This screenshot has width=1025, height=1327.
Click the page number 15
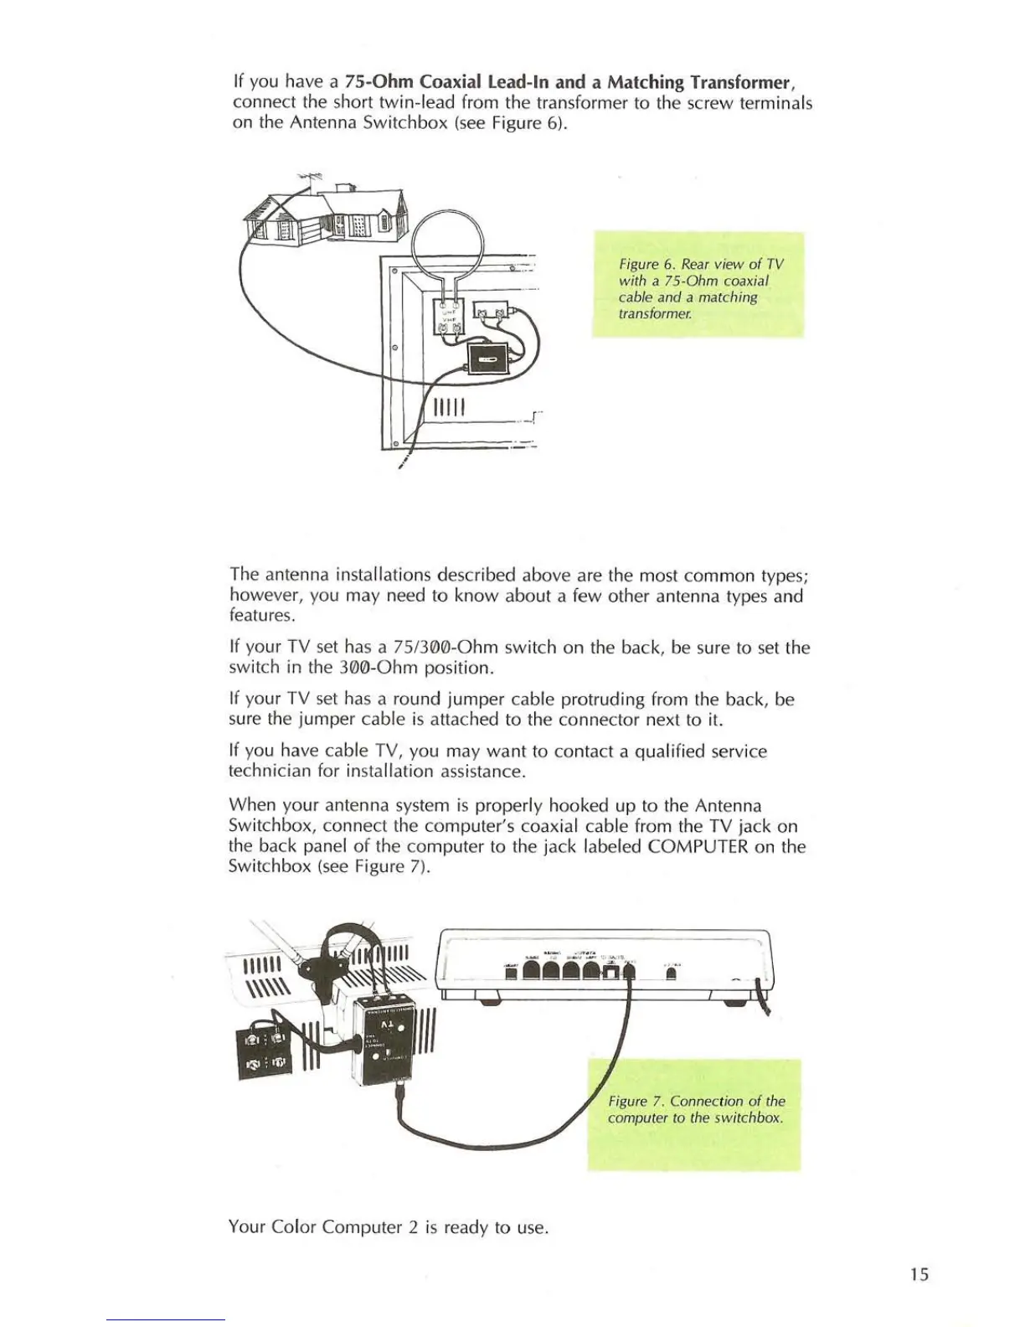coord(919,1274)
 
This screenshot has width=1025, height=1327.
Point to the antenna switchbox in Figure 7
coord(384,1039)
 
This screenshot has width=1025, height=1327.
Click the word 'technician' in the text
coord(270,771)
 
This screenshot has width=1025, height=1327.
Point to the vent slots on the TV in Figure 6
coord(448,409)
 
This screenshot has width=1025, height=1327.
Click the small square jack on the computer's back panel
coord(612,972)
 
